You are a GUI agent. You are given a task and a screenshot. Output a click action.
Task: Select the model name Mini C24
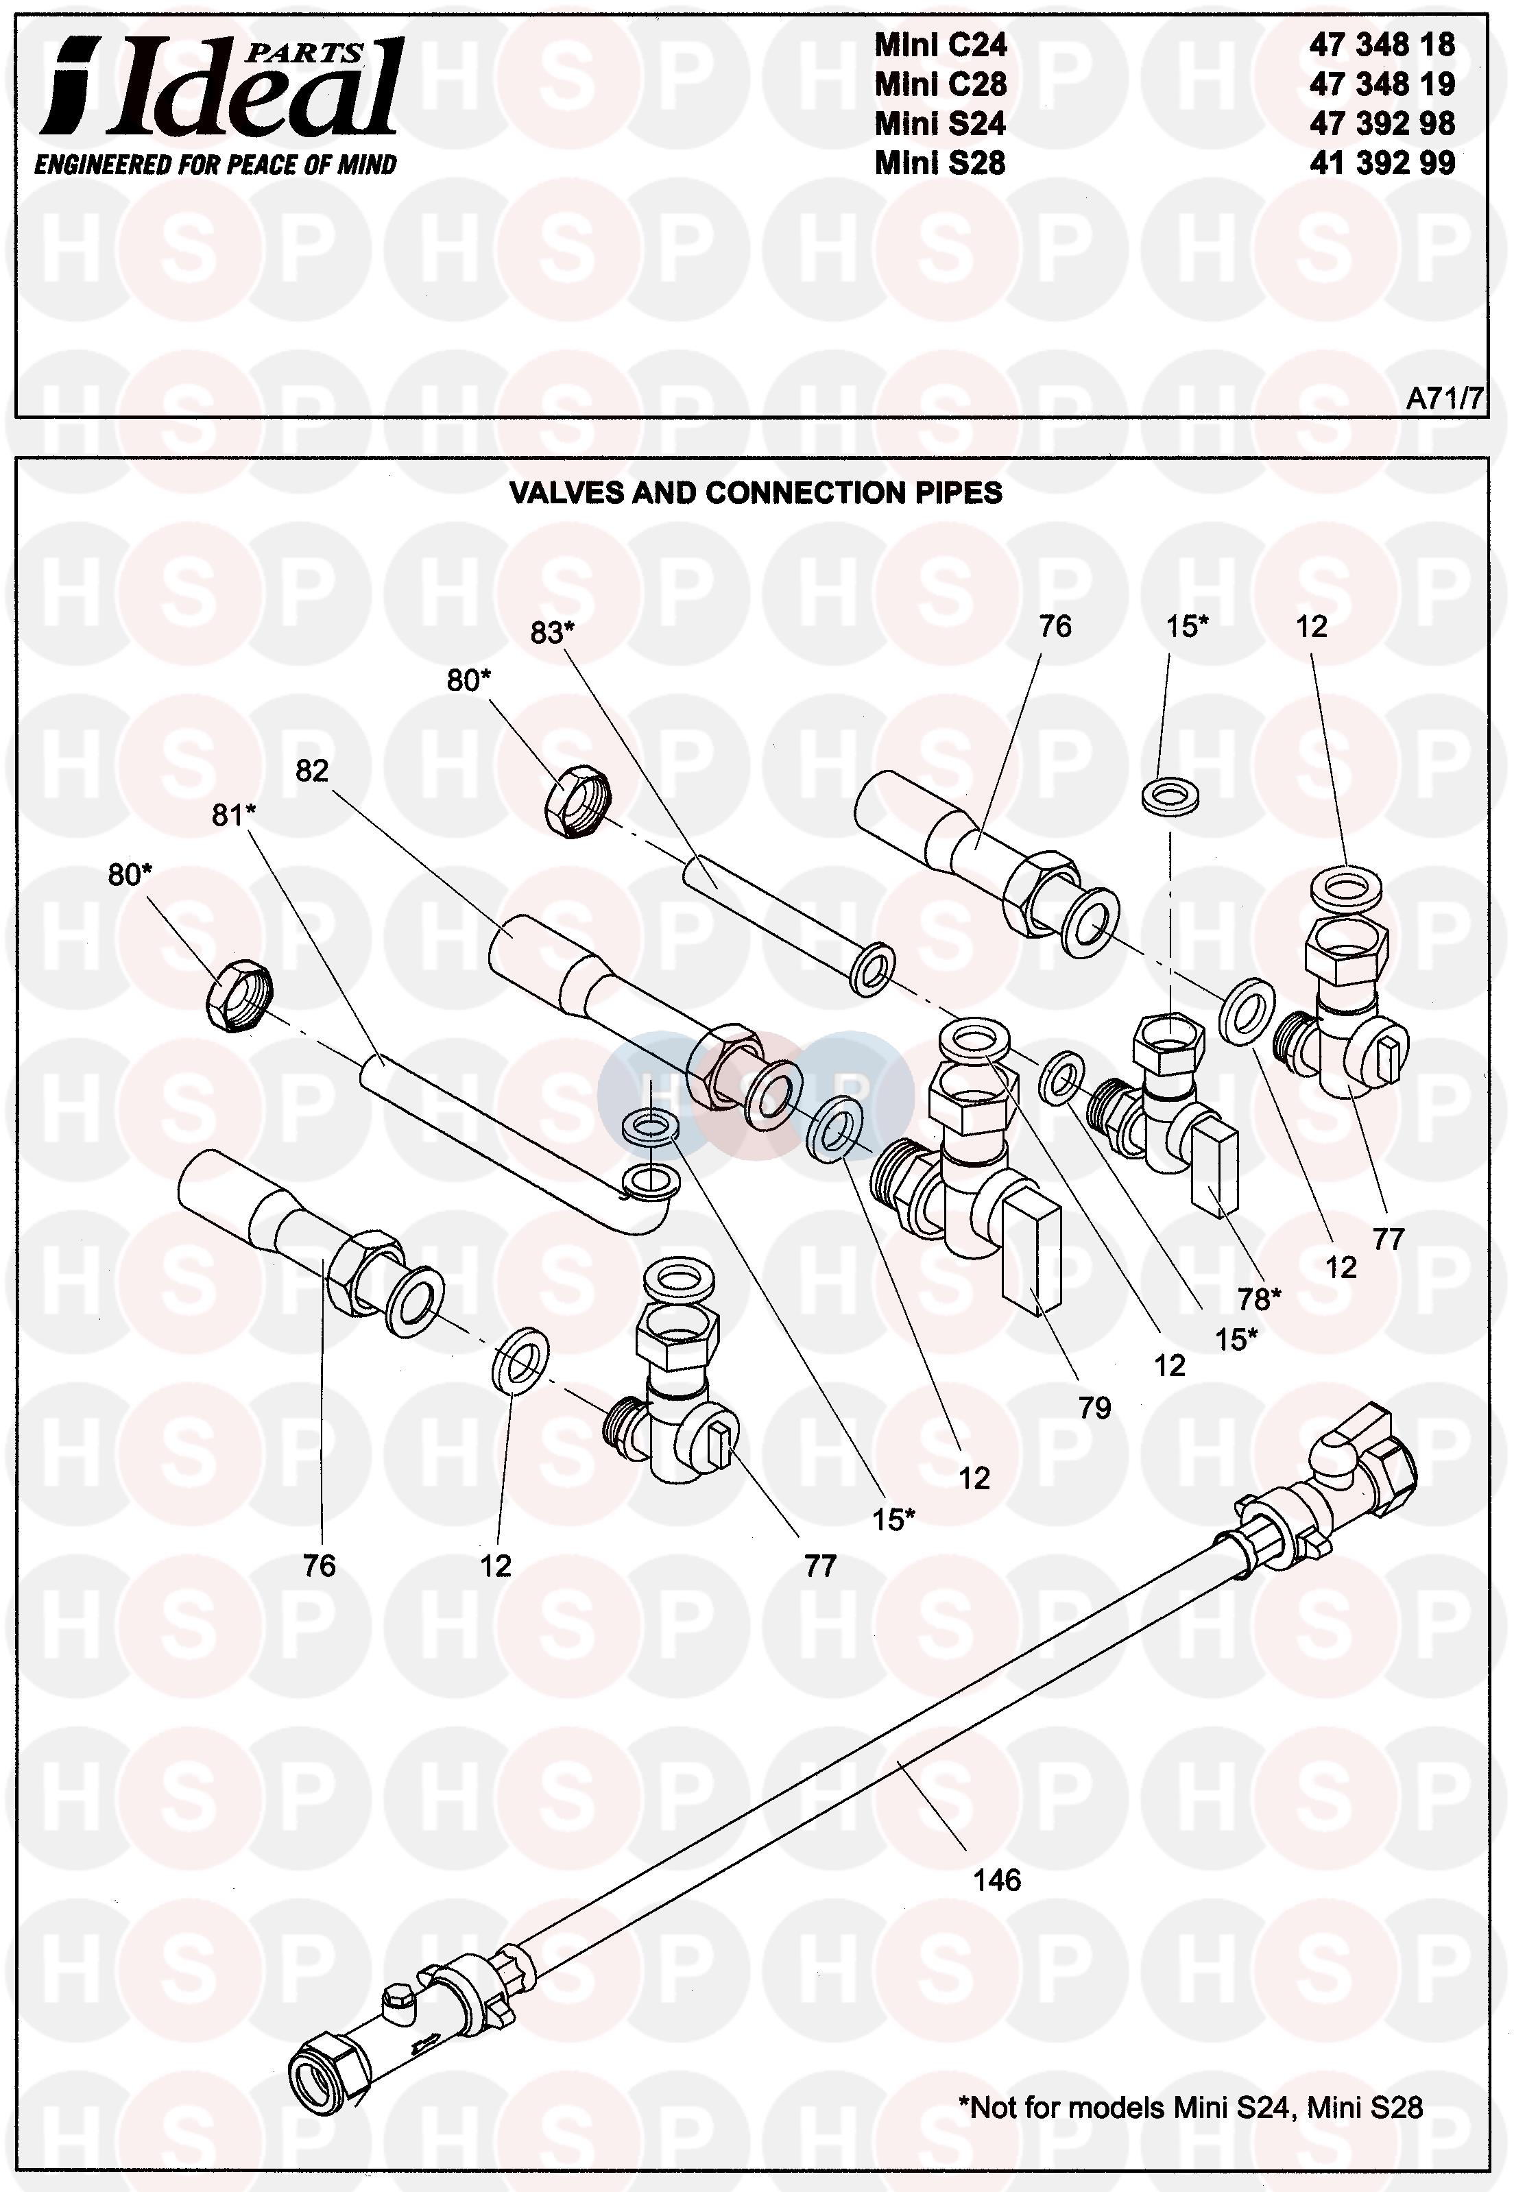(940, 45)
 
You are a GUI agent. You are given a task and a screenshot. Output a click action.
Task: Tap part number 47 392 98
(1382, 123)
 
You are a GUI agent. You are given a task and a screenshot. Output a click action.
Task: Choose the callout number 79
(1094, 1408)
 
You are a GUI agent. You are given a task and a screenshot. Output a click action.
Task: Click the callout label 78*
(1260, 1299)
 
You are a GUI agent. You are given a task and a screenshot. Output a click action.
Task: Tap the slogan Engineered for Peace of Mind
(215, 165)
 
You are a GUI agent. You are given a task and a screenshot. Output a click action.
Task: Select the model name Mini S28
(940, 163)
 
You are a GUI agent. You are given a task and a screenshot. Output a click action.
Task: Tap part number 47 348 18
(1382, 45)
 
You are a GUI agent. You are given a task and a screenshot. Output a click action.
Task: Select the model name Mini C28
(940, 84)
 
